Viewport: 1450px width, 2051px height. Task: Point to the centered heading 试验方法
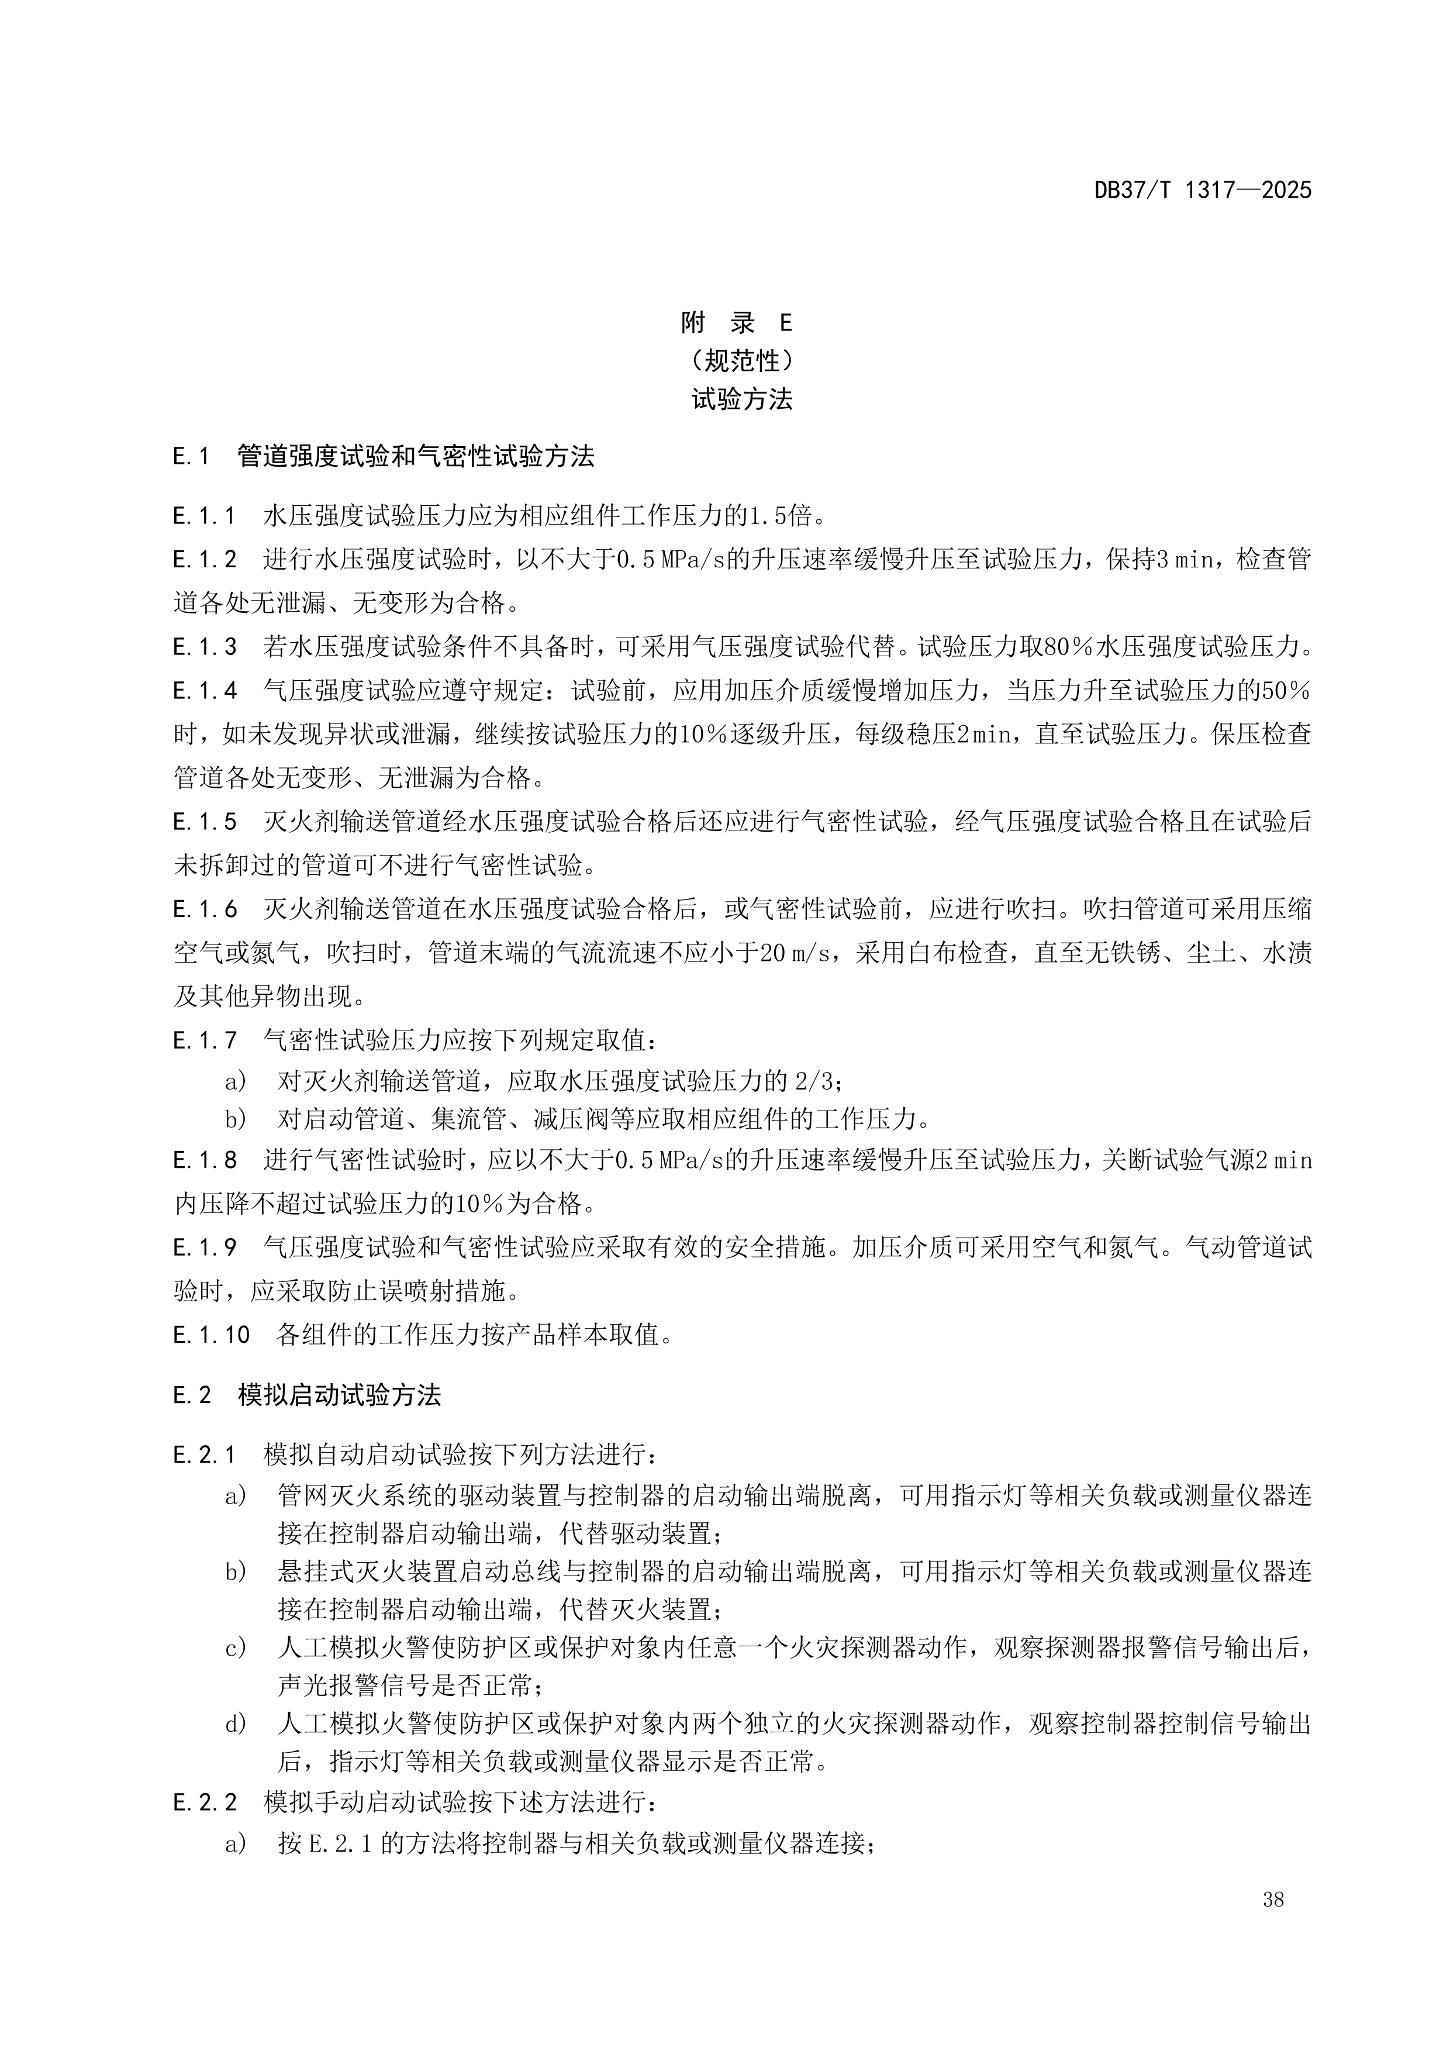point(741,399)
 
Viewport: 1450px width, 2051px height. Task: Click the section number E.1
point(191,457)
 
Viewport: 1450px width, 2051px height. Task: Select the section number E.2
point(192,1396)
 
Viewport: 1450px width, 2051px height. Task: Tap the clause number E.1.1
point(205,516)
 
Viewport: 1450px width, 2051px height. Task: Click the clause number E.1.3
point(205,647)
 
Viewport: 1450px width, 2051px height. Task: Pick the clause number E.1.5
point(205,822)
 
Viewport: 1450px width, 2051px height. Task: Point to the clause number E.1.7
point(205,1040)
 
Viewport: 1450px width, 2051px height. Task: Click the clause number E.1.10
point(210,1336)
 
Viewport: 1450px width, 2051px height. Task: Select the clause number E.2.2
point(205,1802)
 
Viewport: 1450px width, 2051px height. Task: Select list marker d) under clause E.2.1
point(236,1724)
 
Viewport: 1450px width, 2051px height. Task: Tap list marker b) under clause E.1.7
point(236,1119)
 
